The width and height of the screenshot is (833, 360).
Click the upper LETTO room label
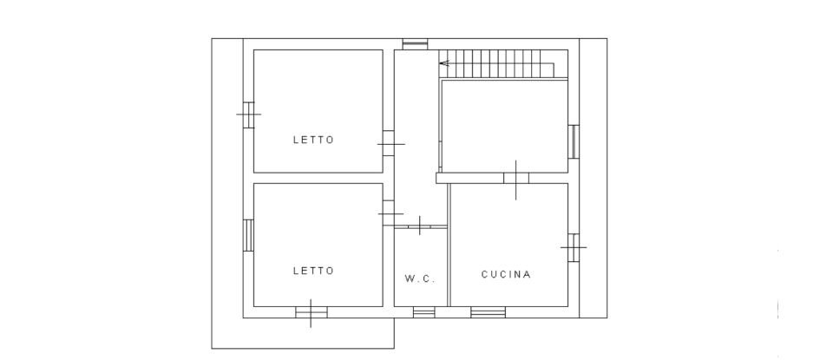(x=313, y=140)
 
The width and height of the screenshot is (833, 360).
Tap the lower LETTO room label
(x=313, y=271)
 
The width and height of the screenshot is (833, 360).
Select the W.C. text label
(x=420, y=278)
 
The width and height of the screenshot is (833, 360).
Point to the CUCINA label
(x=506, y=274)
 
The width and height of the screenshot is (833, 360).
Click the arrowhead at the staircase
(x=444, y=62)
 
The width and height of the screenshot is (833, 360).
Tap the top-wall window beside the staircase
(x=416, y=44)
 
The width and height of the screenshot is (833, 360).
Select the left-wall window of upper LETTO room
(x=248, y=115)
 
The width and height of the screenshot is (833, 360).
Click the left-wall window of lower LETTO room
(x=248, y=234)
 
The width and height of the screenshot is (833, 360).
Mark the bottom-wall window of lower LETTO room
(x=311, y=311)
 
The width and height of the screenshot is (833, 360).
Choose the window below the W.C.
(x=423, y=311)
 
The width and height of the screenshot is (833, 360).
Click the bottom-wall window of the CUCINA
(x=488, y=311)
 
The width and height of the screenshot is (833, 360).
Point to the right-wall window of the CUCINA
(x=574, y=248)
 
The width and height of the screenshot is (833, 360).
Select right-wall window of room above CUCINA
(x=574, y=141)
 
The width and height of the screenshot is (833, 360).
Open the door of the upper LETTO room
(x=390, y=143)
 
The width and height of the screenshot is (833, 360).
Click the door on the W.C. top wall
(x=420, y=226)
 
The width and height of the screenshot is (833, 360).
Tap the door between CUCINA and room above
(x=516, y=179)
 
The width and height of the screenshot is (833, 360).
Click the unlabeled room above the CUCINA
(x=503, y=126)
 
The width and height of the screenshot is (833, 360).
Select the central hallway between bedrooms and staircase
(x=414, y=130)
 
